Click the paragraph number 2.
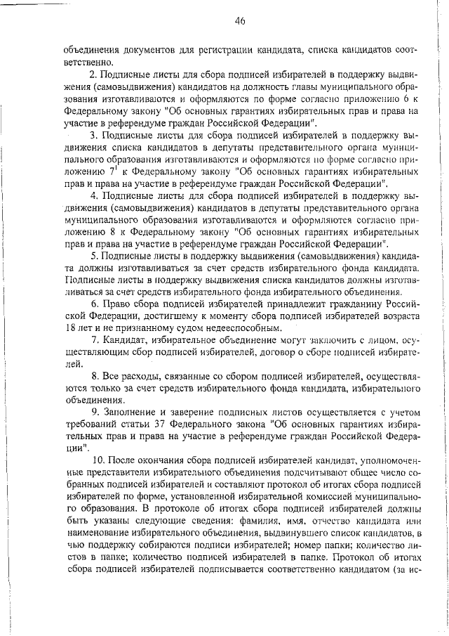93,74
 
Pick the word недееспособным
204,327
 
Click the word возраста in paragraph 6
399,315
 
